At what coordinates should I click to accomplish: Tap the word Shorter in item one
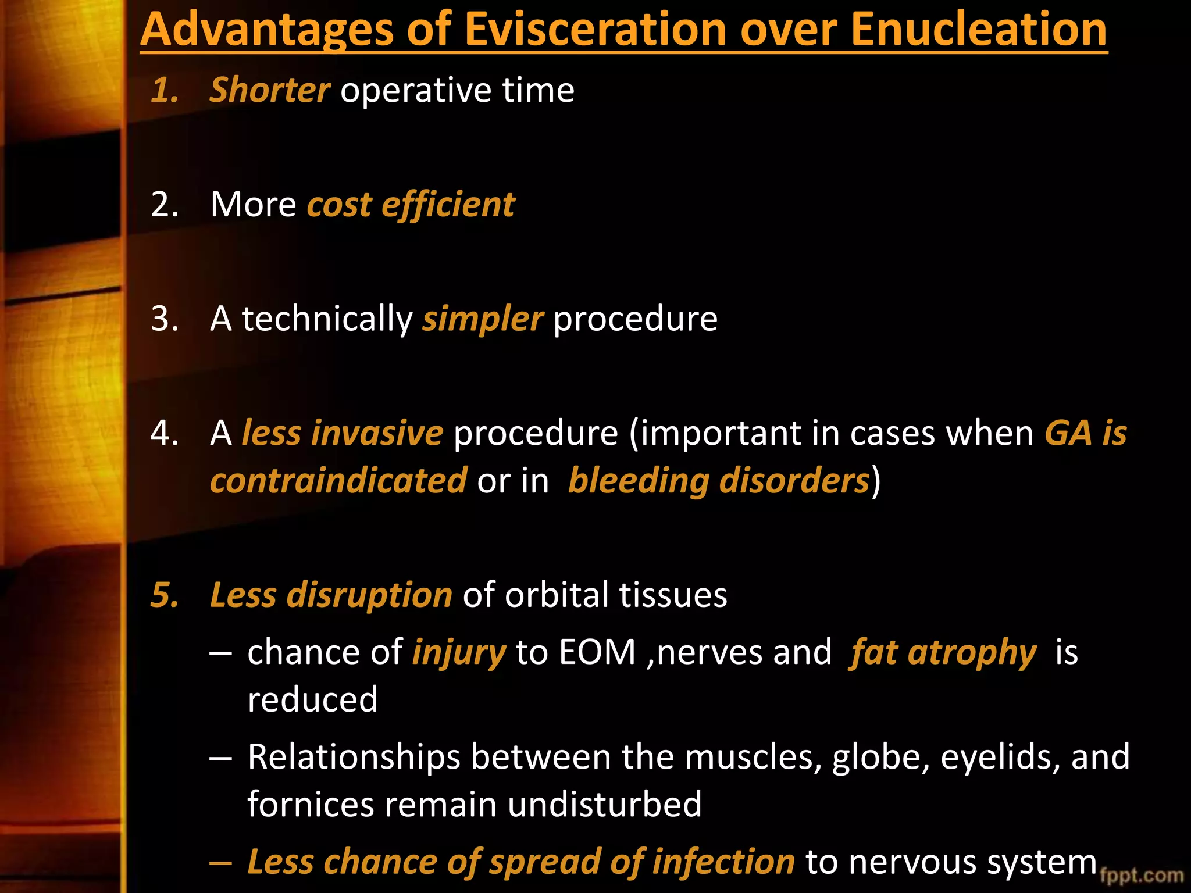pos(270,90)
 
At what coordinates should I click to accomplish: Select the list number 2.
pos(164,205)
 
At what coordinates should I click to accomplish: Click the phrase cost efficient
pos(411,205)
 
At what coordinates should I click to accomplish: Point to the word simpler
pos(483,319)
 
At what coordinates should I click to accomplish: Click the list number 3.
pos(164,319)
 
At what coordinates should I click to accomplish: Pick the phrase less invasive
pos(342,433)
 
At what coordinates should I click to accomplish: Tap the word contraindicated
pos(338,481)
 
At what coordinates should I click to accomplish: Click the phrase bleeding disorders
pos(718,481)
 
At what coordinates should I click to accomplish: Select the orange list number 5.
pos(164,595)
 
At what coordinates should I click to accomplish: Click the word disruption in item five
pos(369,595)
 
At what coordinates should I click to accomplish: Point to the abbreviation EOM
pos(597,652)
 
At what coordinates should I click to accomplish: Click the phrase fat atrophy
pos(943,652)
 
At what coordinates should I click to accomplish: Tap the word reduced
pos(313,699)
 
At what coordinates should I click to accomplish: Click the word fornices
pos(311,804)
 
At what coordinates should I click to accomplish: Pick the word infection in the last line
pos(723,861)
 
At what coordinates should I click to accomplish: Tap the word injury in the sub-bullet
pos(459,652)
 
